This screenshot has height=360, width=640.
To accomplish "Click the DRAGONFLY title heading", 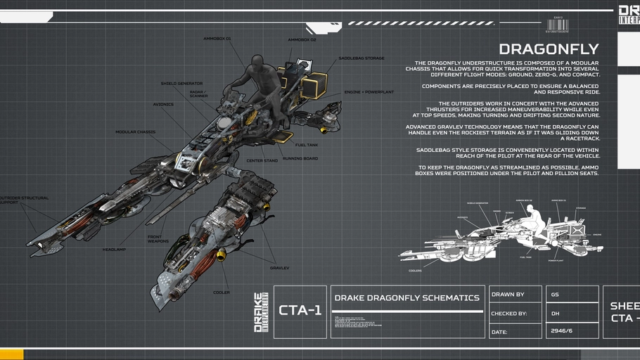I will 549,49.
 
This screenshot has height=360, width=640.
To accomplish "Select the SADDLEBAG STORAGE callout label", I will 361,58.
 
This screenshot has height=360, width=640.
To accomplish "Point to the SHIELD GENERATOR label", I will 181,84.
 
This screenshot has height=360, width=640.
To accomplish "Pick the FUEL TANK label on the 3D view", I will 306,145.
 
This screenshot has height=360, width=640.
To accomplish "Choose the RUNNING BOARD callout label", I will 300,159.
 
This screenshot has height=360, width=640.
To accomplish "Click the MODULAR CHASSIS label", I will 135,131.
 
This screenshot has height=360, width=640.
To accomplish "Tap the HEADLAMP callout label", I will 113,249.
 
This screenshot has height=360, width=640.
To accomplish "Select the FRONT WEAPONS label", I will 158,239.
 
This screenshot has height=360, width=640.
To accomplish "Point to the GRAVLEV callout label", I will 279,268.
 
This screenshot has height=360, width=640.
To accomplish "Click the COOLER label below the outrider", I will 222,292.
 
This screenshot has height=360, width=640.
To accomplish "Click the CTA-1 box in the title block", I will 300,311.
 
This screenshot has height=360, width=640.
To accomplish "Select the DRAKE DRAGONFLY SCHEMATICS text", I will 407,298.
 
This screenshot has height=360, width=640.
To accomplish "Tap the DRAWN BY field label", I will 508,295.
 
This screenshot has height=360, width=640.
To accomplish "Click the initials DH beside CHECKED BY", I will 555,313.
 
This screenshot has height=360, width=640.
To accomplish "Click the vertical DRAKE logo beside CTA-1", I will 261,312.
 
